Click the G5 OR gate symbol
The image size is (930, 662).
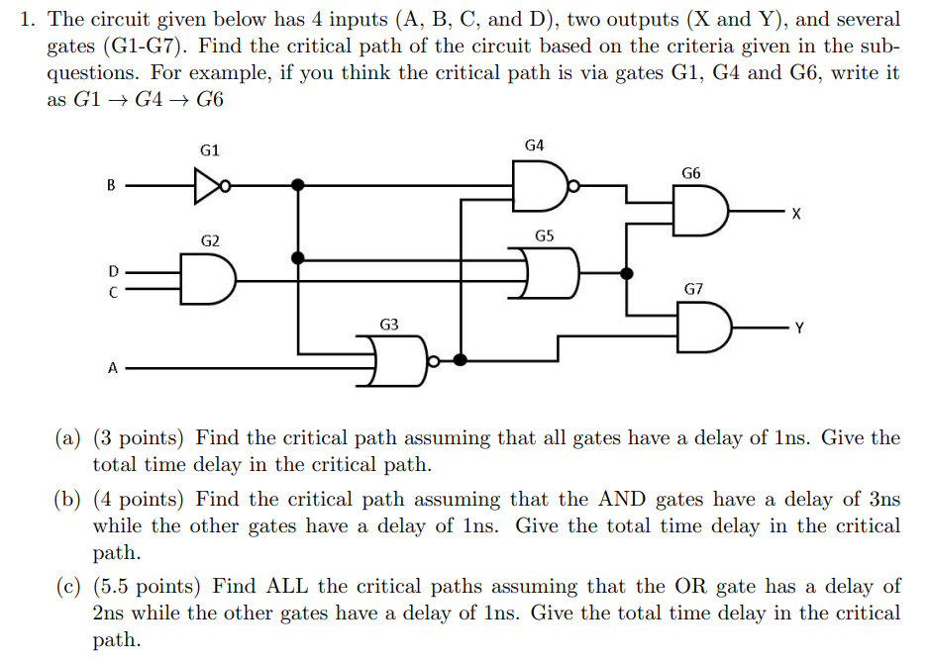point(550,273)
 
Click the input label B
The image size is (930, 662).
point(111,185)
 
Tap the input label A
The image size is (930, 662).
point(112,368)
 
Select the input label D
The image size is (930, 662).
point(112,269)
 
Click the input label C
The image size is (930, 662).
point(112,292)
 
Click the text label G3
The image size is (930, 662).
point(389,325)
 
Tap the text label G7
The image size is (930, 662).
point(693,290)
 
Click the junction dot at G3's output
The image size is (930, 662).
point(461,359)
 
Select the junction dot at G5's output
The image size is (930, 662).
point(626,273)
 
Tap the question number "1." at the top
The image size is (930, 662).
point(29,20)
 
